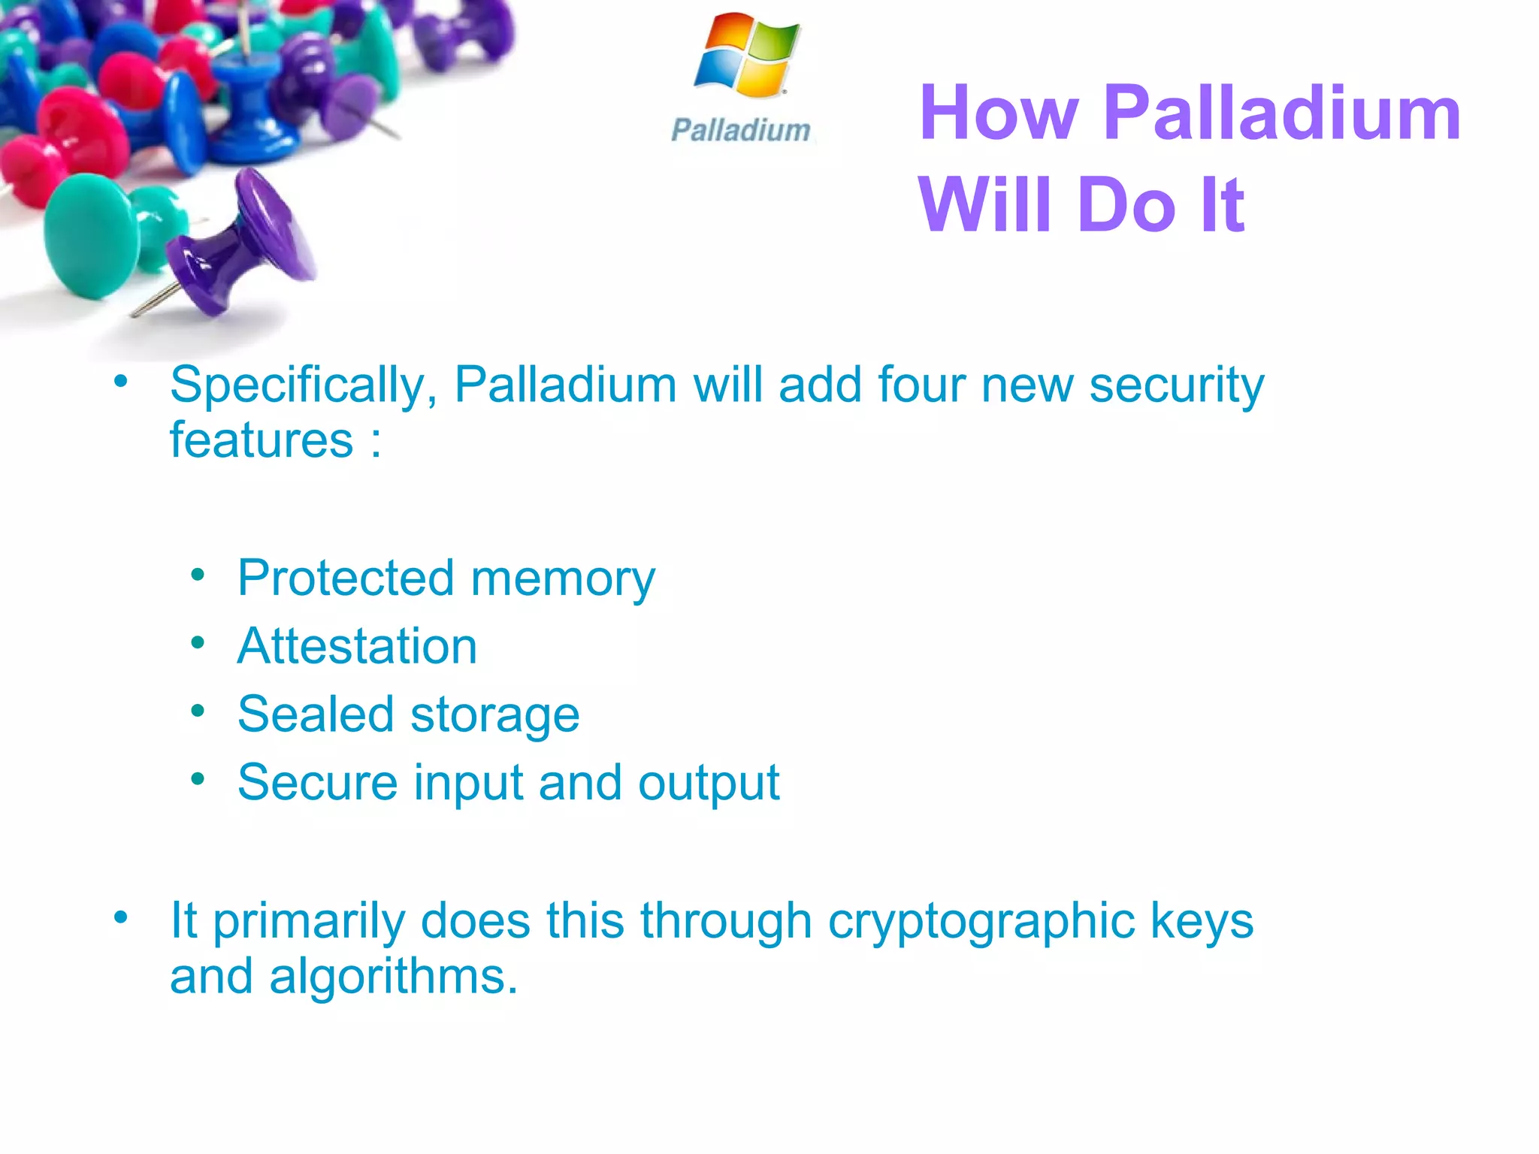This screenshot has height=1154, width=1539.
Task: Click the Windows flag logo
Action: pos(747,56)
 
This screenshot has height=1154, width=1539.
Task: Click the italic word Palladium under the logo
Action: pos(741,131)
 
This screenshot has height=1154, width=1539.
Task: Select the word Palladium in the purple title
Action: pos(1281,113)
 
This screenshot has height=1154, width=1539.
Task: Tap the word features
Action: pos(262,440)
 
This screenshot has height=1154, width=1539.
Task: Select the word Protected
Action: pos(346,579)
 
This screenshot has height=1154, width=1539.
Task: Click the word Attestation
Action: pos(357,647)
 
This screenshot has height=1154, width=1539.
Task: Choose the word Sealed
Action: pos(315,714)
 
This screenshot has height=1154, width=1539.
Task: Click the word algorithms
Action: pos(393,977)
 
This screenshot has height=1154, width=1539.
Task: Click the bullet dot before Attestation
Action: pos(198,643)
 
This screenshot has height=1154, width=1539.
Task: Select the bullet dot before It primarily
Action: pos(121,917)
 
